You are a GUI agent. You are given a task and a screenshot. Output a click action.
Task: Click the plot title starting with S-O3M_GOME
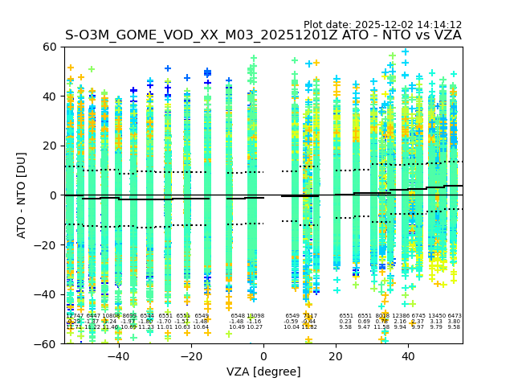[x=263, y=35]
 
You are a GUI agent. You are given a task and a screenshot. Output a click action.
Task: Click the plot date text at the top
[x=382, y=25]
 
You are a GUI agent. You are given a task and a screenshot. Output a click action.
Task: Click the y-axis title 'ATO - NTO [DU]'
[x=22, y=195]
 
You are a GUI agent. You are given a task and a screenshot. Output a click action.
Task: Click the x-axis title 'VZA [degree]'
[x=263, y=372]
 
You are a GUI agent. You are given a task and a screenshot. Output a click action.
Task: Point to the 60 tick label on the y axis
[x=50, y=47]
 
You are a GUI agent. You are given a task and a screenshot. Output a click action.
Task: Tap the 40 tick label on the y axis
[x=50, y=96]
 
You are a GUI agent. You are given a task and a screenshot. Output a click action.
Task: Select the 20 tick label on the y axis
[x=50, y=146]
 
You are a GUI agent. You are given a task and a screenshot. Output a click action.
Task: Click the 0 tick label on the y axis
[x=53, y=195]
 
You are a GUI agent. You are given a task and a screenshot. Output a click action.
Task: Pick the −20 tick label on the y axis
[x=47, y=245]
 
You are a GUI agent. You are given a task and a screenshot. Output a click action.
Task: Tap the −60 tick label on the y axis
[x=47, y=344]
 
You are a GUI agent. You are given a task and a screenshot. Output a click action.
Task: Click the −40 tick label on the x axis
[x=118, y=356]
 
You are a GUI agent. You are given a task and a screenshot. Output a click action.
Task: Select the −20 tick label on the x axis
[x=190, y=356]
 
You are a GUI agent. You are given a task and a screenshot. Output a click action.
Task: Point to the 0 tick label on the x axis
[x=263, y=356]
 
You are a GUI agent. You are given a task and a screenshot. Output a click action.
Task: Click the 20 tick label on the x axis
[x=337, y=356]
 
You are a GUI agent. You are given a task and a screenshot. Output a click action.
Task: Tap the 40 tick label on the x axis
[x=409, y=356]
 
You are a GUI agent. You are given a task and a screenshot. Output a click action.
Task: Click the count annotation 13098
[x=255, y=316]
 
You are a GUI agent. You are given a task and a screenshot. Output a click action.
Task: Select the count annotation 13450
[x=437, y=316]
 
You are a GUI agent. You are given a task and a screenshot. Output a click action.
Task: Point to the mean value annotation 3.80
[x=455, y=322]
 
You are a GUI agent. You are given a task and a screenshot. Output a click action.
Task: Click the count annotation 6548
[x=238, y=316]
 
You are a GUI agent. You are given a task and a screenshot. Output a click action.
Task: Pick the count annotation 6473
[x=455, y=316]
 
